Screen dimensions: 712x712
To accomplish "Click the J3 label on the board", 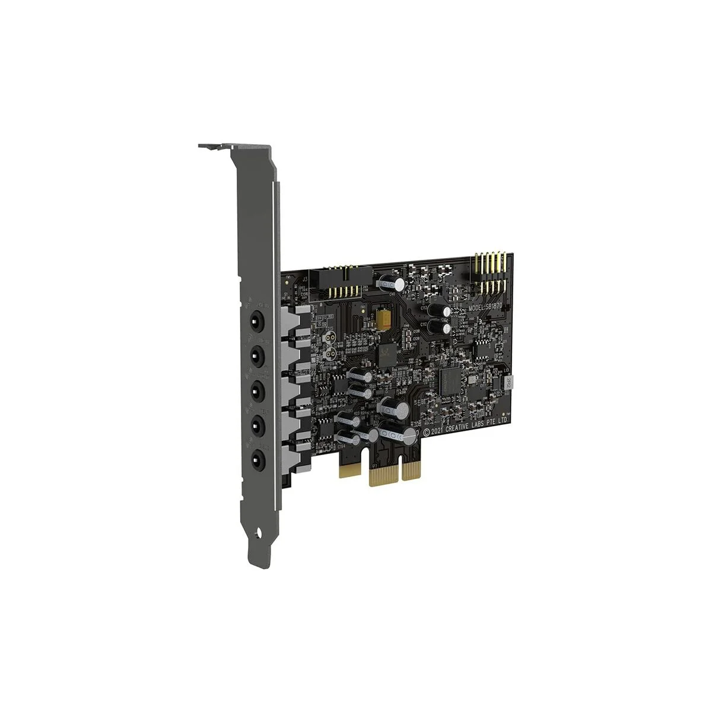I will [x=306, y=278].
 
